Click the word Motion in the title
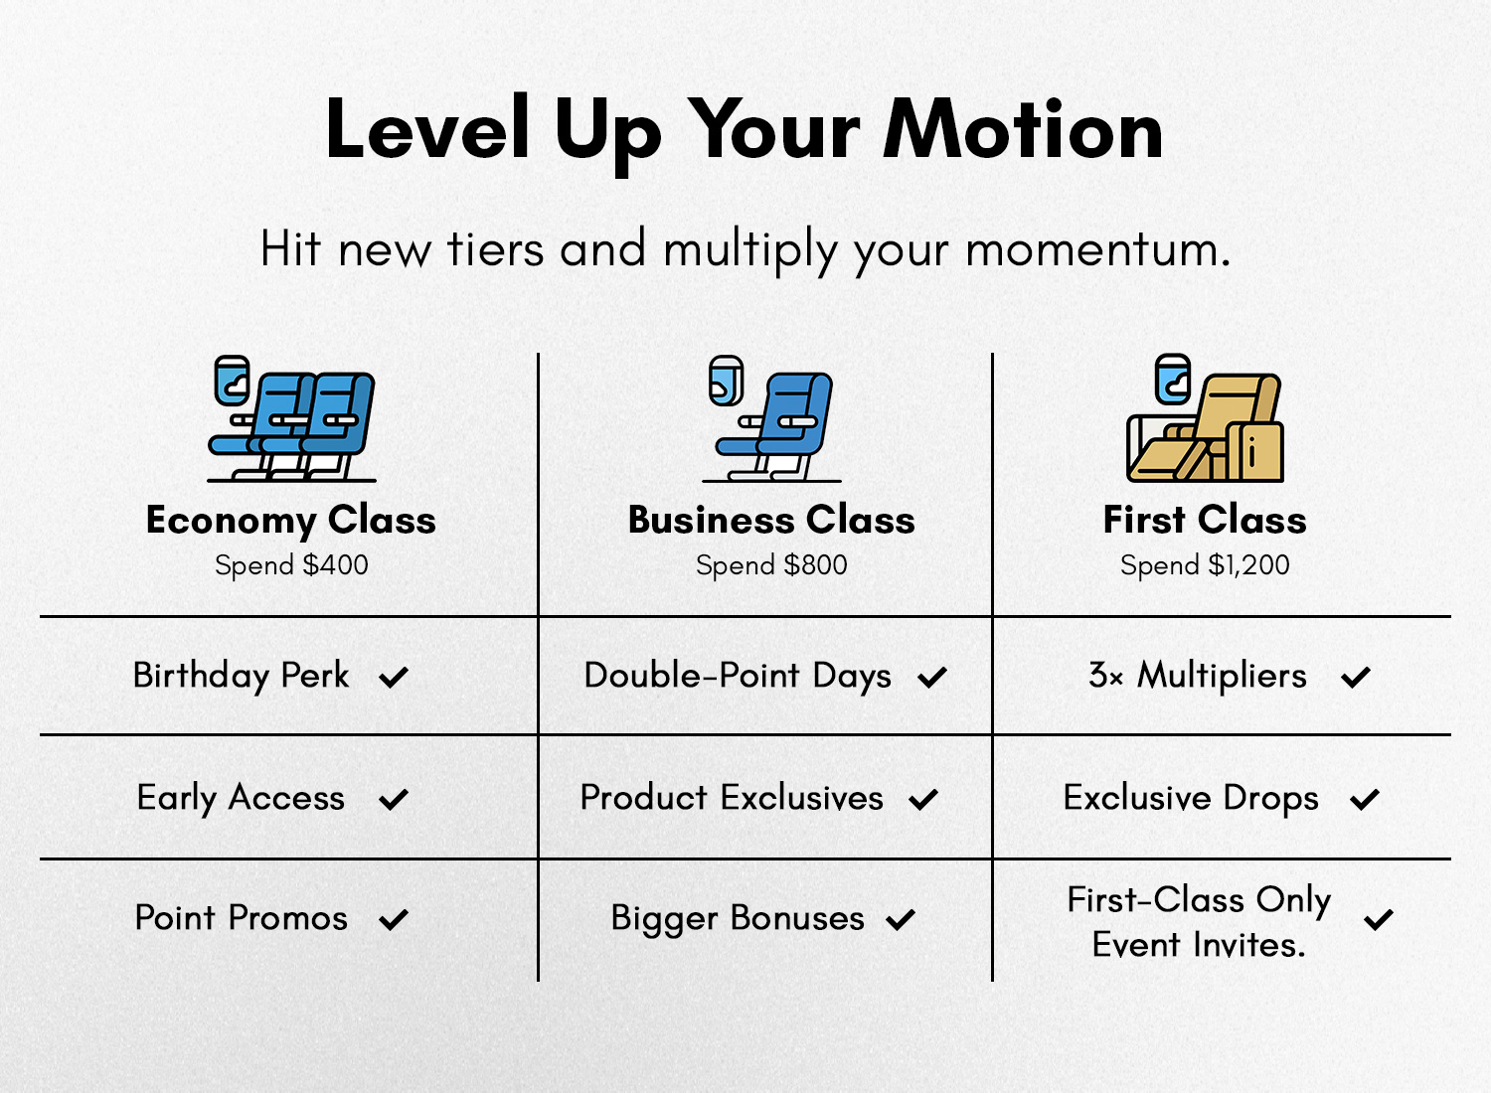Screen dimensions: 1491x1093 (1022, 129)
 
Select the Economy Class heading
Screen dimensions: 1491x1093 (291, 521)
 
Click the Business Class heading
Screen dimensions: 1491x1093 (771, 520)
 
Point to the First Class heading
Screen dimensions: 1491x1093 (1205, 520)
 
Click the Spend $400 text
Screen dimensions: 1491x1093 (291, 565)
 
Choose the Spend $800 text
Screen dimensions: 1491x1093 (771, 565)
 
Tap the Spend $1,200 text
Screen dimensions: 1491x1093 (1205, 565)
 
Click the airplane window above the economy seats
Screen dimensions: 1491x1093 (232, 381)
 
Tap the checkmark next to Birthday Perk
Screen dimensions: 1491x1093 (394, 678)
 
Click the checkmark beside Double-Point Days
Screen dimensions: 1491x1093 (932, 678)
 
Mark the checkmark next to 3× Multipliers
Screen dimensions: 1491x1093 (1356, 678)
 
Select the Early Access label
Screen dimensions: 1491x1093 (241, 798)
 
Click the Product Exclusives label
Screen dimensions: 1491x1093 (733, 798)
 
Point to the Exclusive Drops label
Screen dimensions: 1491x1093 (1191, 798)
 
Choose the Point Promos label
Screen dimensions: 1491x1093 (241, 918)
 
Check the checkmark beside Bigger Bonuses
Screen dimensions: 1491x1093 (901, 919)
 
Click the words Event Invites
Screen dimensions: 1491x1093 (1199, 945)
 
